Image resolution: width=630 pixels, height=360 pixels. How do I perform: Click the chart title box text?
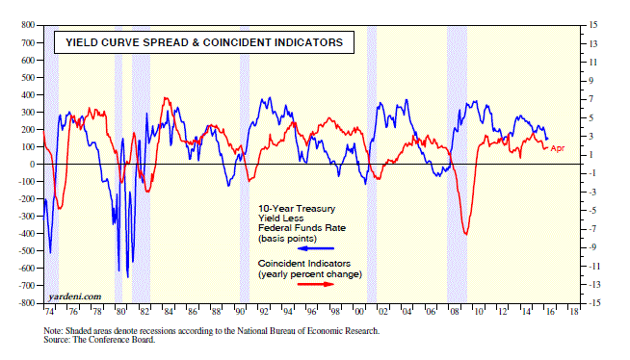[x=204, y=42]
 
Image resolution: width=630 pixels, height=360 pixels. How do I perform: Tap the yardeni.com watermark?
[x=74, y=296]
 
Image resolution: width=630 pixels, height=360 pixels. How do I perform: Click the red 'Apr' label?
[x=558, y=148]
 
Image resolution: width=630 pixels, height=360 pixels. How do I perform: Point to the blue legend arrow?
[x=316, y=248]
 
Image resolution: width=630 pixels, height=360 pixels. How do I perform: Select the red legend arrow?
[x=316, y=284]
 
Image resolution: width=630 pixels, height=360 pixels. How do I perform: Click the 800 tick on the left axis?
[x=28, y=25]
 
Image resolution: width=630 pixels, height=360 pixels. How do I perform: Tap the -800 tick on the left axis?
[x=27, y=303]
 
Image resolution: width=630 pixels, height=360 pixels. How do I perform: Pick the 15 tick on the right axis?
[x=593, y=25]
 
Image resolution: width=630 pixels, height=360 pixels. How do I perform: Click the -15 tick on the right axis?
[x=591, y=303]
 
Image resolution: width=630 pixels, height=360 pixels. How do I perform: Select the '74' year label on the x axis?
[x=48, y=312]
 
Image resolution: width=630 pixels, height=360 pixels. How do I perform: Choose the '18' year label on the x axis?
[x=574, y=312]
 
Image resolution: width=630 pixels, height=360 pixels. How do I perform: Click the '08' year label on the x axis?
[x=455, y=312]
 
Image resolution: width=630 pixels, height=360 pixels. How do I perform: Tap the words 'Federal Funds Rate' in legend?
[x=302, y=228]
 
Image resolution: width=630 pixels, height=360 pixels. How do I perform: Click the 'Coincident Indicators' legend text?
[x=304, y=264]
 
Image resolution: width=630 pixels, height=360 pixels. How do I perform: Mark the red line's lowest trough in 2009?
[x=466, y=234]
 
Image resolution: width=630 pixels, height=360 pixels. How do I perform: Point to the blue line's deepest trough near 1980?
[x=128, y=277]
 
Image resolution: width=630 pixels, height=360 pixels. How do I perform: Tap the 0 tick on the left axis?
[x=32, y=165]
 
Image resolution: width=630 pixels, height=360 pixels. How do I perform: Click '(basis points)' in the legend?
[x=287, y=239]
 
